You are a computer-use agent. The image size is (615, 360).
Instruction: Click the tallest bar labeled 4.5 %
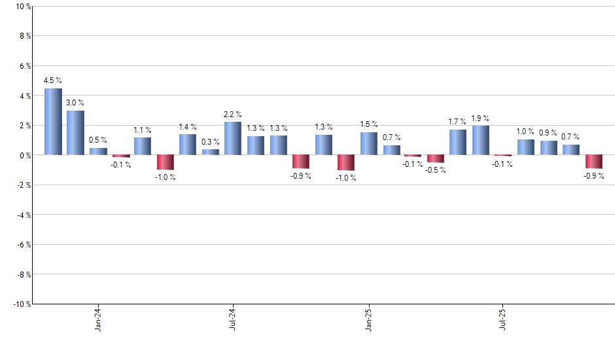53,122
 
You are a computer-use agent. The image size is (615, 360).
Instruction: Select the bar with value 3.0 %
75,133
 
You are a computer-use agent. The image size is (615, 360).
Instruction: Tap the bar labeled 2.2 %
233,139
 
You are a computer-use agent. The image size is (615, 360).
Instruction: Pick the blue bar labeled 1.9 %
481,141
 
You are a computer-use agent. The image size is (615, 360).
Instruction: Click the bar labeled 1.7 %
458,142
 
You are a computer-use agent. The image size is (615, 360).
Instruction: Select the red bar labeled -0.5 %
436,158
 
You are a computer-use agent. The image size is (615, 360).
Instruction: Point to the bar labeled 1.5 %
368,144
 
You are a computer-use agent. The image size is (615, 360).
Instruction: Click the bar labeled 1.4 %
188,145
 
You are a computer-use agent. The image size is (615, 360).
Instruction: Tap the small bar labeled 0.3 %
211,153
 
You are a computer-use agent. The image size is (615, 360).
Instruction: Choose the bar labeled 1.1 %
143,146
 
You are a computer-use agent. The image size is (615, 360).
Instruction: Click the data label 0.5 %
98,140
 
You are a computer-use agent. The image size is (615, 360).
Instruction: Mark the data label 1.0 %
525,132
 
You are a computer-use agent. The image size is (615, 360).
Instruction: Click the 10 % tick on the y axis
22,7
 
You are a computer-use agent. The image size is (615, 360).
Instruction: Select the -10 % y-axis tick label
20,304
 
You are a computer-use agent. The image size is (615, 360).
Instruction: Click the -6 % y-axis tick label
23,244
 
